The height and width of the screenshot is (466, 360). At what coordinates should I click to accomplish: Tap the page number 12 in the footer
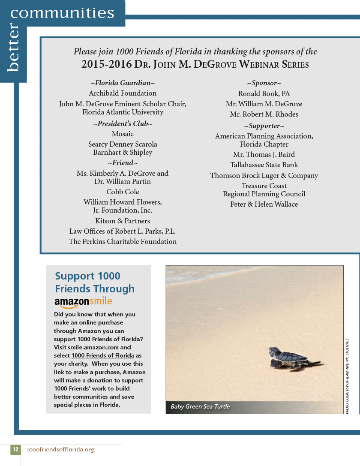tap(15, 449)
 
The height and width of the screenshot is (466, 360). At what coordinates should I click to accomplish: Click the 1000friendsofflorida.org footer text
tap(60, 449)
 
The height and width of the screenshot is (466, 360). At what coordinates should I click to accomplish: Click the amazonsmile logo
tap(83, 302)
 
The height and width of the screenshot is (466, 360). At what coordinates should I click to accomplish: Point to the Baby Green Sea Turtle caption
tap(200, 406)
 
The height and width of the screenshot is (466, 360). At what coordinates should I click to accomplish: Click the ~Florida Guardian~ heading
tap(123, 83)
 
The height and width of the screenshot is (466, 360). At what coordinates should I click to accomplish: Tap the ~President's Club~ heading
tap(123, 124)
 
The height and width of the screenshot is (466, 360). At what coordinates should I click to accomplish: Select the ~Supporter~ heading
tap(264, 126)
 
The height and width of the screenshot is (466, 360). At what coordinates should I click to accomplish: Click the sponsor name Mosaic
tap(123, 134)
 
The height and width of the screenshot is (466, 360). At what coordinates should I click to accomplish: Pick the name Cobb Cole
tap(123, 192)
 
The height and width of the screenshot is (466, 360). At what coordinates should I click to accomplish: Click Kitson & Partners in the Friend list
tap(123, 221)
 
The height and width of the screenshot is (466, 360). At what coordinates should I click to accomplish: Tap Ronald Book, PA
tap(264, 93)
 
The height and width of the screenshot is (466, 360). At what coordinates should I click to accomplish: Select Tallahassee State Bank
tap(264, 165)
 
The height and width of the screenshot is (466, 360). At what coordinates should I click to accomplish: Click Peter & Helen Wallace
tap(264, 204)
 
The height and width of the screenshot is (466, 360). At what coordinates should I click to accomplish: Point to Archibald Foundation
tap(123, 93)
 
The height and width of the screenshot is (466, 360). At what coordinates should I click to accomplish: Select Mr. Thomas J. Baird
tap(264, 154)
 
